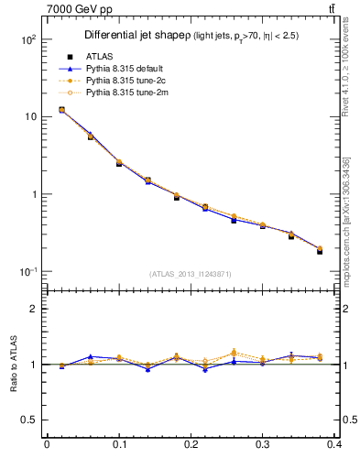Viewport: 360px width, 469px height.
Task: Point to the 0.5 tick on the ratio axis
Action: pos(32,420)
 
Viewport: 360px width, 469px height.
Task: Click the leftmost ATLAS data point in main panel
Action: pos(61,110)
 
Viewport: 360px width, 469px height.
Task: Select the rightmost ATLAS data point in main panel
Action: pos(320,250)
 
